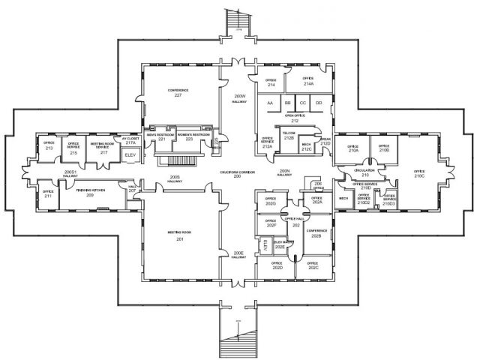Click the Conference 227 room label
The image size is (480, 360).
pos(178,92)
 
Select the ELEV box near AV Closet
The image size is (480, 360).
pos(130,154)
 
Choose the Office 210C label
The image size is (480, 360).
pos(419,174)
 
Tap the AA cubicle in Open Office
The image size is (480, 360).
pos(269,103)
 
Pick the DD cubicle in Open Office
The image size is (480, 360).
pos(319,103)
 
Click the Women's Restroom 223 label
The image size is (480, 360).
pos(190,137)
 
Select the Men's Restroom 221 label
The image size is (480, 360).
pos(161,137)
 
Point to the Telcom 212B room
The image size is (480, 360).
pos(288,136)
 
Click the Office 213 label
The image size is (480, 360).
pos(49,146)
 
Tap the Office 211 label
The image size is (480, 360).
pos(48,194)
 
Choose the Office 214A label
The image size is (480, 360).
pos(307,80)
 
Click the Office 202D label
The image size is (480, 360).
pos(277,265)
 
